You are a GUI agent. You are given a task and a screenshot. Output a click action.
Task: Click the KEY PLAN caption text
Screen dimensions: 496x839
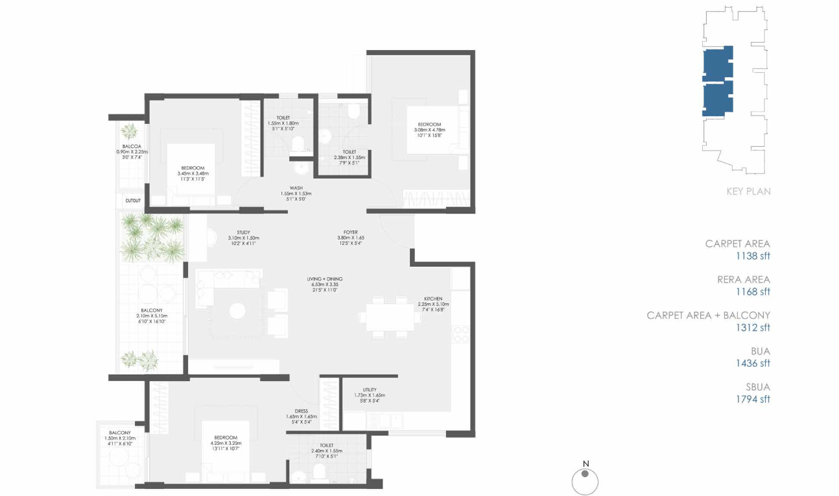[x=748, y=192]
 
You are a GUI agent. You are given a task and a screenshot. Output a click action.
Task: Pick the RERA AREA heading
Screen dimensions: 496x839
[x=743, y=280]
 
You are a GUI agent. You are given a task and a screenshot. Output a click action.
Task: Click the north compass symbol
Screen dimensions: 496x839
[x=585, y=481]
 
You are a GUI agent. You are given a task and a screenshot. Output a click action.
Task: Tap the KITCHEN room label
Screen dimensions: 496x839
[x=433, y=299]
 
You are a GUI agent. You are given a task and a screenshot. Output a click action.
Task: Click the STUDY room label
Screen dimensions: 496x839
[x=243, y=232]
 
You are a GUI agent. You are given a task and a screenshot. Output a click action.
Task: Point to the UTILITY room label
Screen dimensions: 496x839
[x=370, y=390]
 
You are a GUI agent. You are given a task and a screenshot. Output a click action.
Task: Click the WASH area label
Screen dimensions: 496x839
[x=296, y=188]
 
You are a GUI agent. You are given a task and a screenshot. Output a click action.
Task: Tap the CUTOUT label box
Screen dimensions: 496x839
[x=133, y=201]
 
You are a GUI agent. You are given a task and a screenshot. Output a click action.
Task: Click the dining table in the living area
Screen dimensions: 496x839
[x=390, y=317]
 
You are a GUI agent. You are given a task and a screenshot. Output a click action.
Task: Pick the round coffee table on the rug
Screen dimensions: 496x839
[x=238, y=311]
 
